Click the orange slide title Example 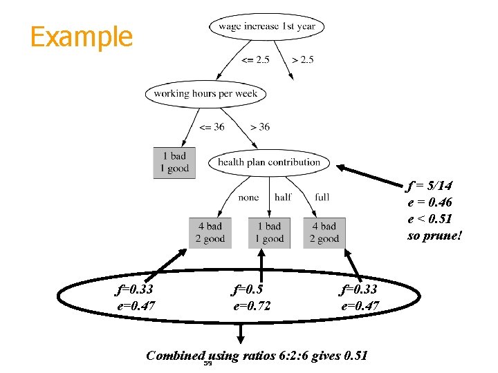pyautogui.click(x=81, y=37)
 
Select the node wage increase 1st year pyautogui.click(x=266, y=27)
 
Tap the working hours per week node pyautogui.click(x=205, y=94)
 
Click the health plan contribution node pyautogui.click(x=269, y=162)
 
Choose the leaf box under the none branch pyautogui.click(x=210, y=233)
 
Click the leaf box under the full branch pyautogui.click(x=324, y=233)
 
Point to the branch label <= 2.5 pyautogui.click(x=255, y=60)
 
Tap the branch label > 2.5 pyautogui.click(x=303, y=60)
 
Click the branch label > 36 pyautogui.click(x=259, y=127)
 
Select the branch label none pyautogui.click(x=248, y=198)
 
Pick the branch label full pyautogui.click(x=322, y=198)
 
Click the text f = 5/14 pyautogui.click(x=430, y=186)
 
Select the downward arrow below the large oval pyautogui.click(x=240, y=334)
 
